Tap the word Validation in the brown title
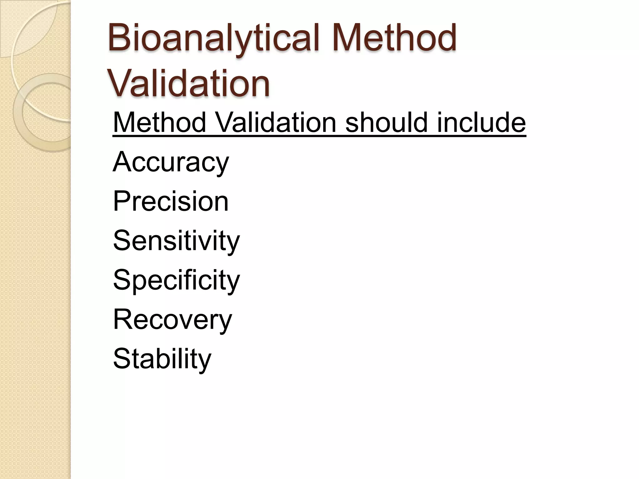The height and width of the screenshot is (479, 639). (189, 84)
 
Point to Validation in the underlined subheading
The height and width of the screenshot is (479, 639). (276, 122)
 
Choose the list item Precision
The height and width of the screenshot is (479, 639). (171, 201)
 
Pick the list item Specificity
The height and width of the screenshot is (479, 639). (176, 280)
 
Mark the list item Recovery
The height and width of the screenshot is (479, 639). (173, 319)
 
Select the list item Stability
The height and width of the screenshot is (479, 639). (162, 359)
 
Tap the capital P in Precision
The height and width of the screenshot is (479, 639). (121, 201)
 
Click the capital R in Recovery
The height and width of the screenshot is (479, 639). (122, 319)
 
